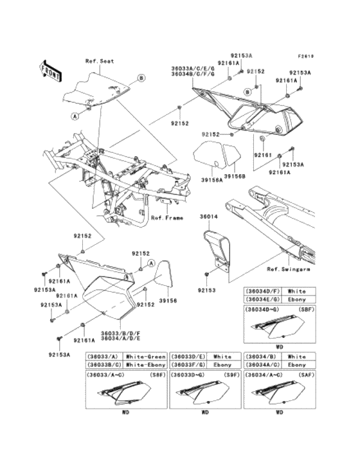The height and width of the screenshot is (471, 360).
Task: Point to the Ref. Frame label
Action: tap(166, 218)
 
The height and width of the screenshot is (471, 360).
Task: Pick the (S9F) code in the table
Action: tap(223, 374)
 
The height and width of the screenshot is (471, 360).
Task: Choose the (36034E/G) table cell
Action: tap(261, 299)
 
